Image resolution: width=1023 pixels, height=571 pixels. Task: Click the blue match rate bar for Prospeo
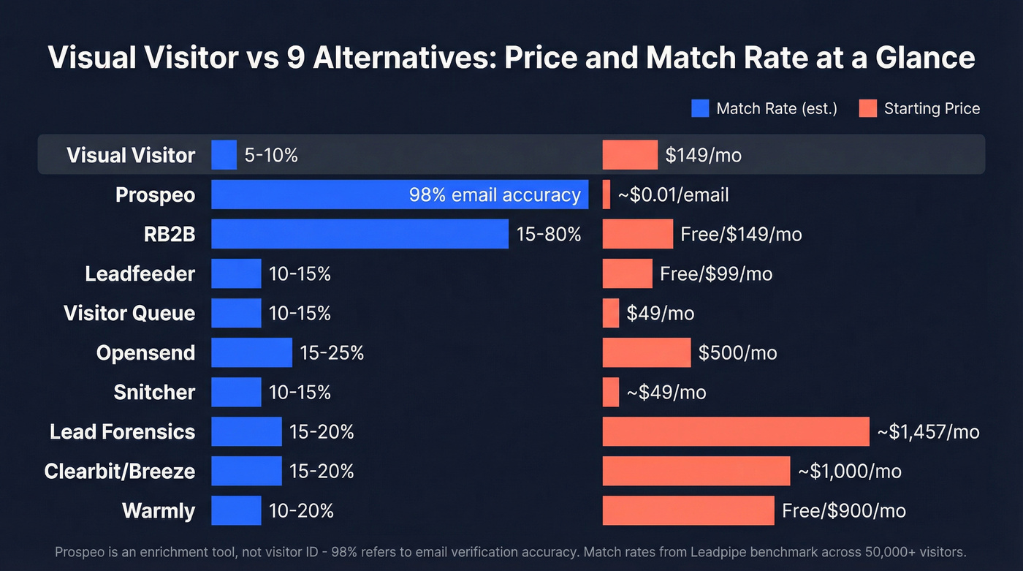pos(307,194)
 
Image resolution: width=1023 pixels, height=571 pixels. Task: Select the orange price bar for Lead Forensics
pos(735,431)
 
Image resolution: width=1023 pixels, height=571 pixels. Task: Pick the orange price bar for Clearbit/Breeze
pos(696,471)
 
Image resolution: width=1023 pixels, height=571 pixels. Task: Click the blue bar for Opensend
pos(251,352)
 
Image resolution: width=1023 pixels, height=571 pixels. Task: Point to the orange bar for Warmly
pos(688,510)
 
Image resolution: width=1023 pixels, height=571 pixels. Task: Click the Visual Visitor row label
pos(131,155)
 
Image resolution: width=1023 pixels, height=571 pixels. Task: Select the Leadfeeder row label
pos(140,273)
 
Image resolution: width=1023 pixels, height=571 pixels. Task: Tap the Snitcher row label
pos(154,392)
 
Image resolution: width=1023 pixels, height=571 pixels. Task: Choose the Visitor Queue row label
pos(129,313)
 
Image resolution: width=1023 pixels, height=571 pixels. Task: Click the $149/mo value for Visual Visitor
pos(703,155)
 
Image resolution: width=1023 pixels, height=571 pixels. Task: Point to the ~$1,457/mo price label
pos(928,431)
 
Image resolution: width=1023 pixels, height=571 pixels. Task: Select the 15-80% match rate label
pos(548,234)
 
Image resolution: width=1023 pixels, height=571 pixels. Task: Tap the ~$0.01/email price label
pos(673,194)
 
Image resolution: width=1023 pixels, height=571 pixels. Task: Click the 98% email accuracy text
pos(495,194)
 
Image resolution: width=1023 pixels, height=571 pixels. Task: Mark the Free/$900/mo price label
pos(843,510)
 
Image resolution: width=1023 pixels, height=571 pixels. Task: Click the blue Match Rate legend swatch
pos(699,109)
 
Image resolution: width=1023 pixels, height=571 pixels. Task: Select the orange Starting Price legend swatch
pos(867,109)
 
